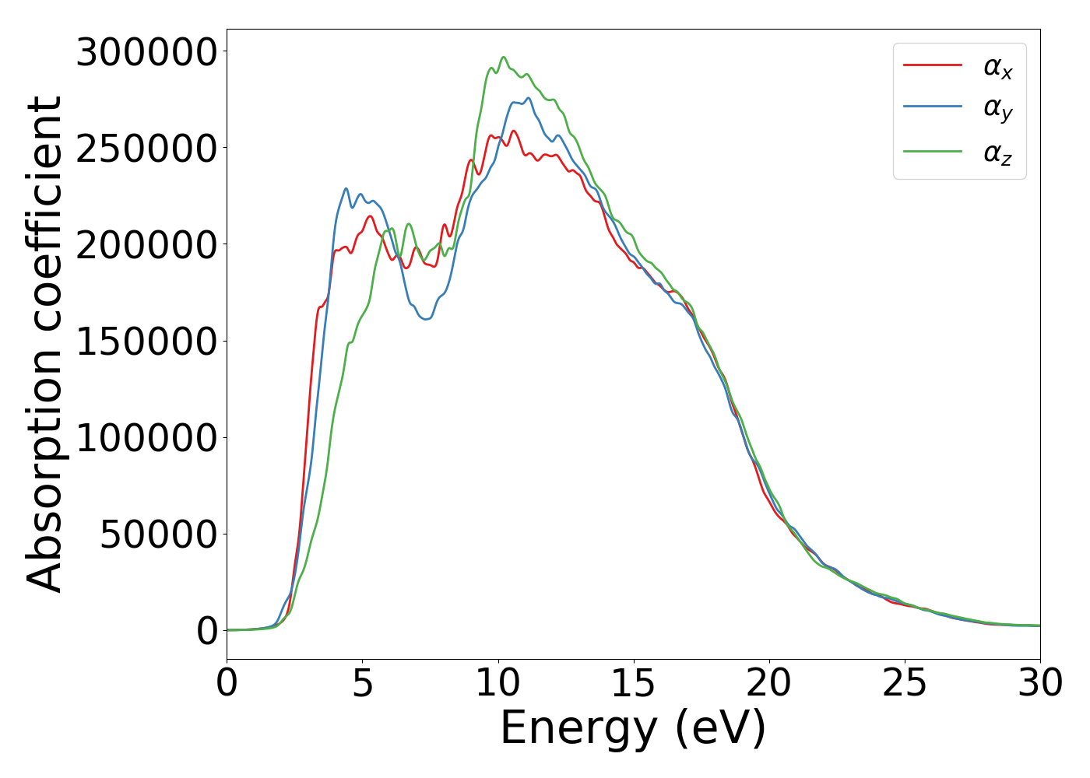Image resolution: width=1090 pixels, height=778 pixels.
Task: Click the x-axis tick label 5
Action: [x=362, y=684]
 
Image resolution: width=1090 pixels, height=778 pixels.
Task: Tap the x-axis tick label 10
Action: [x=498, y=684]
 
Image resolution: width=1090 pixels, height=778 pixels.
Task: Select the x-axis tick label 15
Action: [x=633, y=684]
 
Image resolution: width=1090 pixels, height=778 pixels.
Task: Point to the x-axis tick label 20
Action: [x=768, y=684]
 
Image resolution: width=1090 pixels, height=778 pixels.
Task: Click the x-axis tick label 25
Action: [x=904, y=684]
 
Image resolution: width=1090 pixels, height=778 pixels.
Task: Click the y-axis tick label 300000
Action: [x=146, y=53]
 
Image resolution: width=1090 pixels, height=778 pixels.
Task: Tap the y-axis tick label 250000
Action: [x=146, y=149]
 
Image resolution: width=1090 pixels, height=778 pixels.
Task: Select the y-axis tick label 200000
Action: [x=146, y=245]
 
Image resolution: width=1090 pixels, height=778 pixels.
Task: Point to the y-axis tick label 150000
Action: [x=146, y=342]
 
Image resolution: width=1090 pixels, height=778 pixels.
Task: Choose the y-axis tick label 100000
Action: [x=146, y=438]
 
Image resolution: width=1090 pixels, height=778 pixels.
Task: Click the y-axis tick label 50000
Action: [x=158, y=534]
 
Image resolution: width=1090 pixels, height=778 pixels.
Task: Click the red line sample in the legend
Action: [x=932, y=65]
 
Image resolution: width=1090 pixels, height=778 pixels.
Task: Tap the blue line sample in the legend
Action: [x=932, y=107]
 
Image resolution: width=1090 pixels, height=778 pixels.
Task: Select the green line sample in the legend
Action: [x=932, y=151]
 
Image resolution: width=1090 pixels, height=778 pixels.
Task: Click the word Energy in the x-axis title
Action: [x=578, y=730]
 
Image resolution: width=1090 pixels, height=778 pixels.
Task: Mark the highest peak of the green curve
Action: [x=503, y=57]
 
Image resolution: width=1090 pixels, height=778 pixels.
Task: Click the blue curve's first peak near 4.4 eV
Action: [x=346, y=188]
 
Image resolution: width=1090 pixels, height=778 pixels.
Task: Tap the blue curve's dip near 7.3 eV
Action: [x=425, y=319]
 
